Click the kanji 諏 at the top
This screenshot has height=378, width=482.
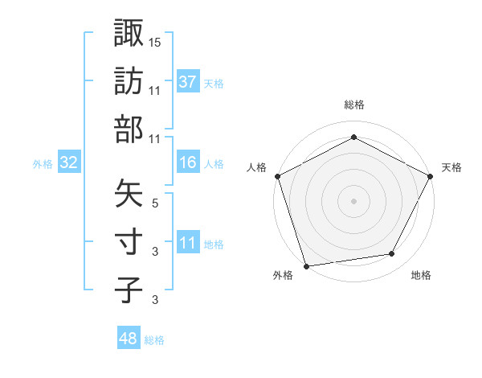coord(129,33)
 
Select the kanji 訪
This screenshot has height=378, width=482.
coord(129,81)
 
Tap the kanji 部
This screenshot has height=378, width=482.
coord(129,129)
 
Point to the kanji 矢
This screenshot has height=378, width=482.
coord(129,193)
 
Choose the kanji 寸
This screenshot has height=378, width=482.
coord(129,241)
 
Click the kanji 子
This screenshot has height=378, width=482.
coord(129,290)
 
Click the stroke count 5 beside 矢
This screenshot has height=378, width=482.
coord(155,203)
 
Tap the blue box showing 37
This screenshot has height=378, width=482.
coord(188,82)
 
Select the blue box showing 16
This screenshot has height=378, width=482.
coord(188,163)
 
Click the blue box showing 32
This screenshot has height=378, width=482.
coord(69,163)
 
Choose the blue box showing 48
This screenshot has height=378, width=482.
coord(129,339)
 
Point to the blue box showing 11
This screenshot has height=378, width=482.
coord(188,243)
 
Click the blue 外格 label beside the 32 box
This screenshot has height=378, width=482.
coord(43,164)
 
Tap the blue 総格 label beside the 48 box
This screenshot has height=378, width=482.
coord(154,340)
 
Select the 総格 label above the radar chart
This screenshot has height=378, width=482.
coord(353,105)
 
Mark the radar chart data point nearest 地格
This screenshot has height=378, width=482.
coord(392,254)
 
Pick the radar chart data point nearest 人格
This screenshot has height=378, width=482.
coord(277,175)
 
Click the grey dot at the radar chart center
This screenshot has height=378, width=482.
coord(353,201)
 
